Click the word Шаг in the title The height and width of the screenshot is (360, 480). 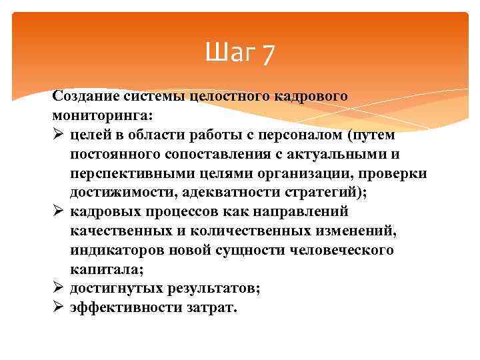[229, 51]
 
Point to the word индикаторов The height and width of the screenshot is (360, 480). [115, 250]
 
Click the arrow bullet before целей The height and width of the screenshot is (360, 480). [58, 135]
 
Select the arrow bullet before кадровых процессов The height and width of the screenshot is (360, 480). [58, 211]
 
